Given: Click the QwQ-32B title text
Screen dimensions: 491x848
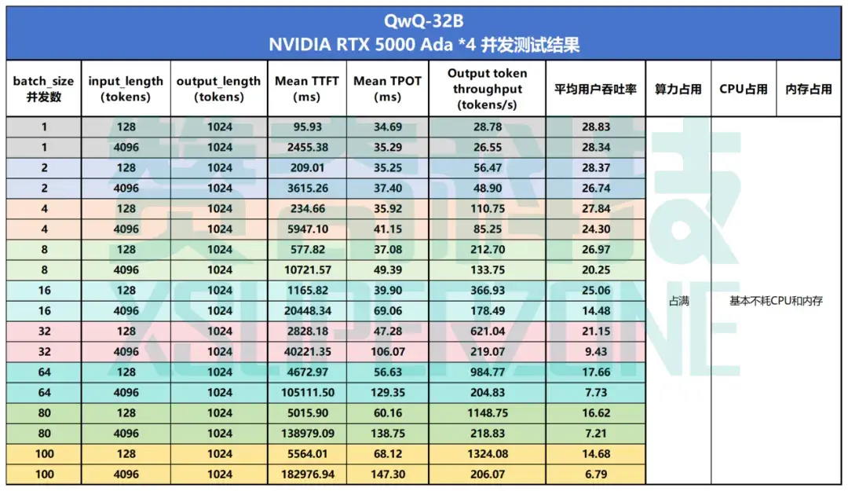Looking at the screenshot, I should (x=423, y=18).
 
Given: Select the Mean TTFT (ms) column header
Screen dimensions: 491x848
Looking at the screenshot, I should (x=307, y=89).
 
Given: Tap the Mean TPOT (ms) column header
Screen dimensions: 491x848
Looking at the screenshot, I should (x=387, y=89).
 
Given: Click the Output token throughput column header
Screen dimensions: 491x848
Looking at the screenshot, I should (x=487, y=89).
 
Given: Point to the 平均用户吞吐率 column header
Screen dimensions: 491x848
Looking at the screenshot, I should (x=595, y=89).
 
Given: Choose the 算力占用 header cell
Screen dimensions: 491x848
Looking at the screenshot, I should (x=678, y=89).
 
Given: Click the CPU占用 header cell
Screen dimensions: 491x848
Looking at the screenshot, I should (x=743, y=89).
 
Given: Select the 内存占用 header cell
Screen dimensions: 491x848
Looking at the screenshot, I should (x=808, y=89).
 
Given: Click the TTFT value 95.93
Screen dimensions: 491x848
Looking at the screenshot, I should (x=307, y=126).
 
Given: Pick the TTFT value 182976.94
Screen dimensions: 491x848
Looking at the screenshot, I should (x=307, y=474).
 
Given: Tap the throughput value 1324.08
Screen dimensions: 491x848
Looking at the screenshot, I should (x=487, y=453).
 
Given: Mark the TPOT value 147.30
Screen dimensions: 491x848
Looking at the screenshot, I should (x=387, y=474).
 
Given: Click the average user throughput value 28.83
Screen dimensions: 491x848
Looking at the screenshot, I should (x=595, y=126).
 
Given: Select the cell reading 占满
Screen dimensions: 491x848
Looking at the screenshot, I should (x=678, y=301).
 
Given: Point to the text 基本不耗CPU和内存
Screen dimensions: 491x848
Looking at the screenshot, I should (x=776, y=301).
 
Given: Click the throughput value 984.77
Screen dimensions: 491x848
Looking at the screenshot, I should (x=487, y=372).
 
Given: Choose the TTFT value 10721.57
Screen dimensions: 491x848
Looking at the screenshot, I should (x=307, y=269).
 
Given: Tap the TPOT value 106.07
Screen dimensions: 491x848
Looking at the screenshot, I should (x=387, y=351).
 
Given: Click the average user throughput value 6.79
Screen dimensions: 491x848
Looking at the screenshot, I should (x=595, y=474).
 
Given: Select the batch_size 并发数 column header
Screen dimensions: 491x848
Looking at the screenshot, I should (x=43, y=89).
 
